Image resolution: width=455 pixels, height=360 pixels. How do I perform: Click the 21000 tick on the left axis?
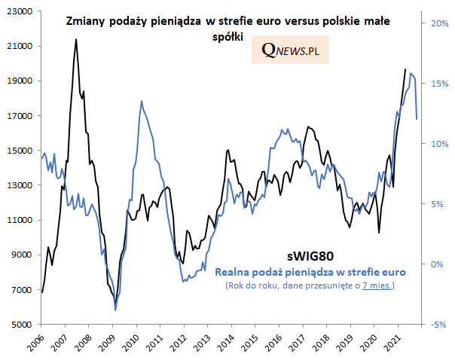coord(20,46)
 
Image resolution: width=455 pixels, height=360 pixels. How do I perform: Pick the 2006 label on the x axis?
coord(35,343)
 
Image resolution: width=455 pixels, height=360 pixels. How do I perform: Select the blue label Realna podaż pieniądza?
coord(310,271)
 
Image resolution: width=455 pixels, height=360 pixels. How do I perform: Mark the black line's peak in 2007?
coord(76,39)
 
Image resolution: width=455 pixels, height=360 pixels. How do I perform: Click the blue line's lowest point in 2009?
coord(115,310)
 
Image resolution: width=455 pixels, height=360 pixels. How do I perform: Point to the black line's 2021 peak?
coord(405,69)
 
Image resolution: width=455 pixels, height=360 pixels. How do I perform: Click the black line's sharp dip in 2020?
coord(379,233)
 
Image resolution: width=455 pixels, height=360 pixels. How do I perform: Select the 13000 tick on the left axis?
coord(20,185)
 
